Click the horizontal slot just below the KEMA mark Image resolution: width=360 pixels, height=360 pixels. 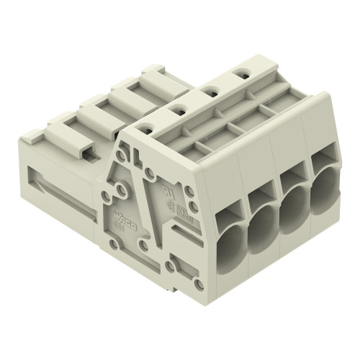(x=185, y=229)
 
